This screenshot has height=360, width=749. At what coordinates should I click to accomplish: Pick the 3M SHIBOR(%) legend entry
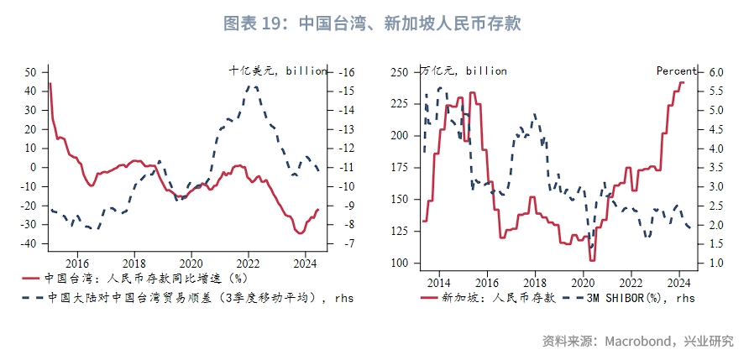[633, 296]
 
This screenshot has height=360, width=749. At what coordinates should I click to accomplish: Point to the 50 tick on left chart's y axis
[31, 72]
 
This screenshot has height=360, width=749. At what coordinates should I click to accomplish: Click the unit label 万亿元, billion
[464, 71]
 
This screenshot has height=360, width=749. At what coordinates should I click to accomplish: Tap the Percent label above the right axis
[676, 71]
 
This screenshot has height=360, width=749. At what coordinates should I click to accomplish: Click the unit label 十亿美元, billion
[278, 71]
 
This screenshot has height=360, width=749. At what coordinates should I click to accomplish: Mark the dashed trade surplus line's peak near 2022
[251, 86]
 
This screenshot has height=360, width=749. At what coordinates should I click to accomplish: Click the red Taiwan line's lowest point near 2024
[300, 232]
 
